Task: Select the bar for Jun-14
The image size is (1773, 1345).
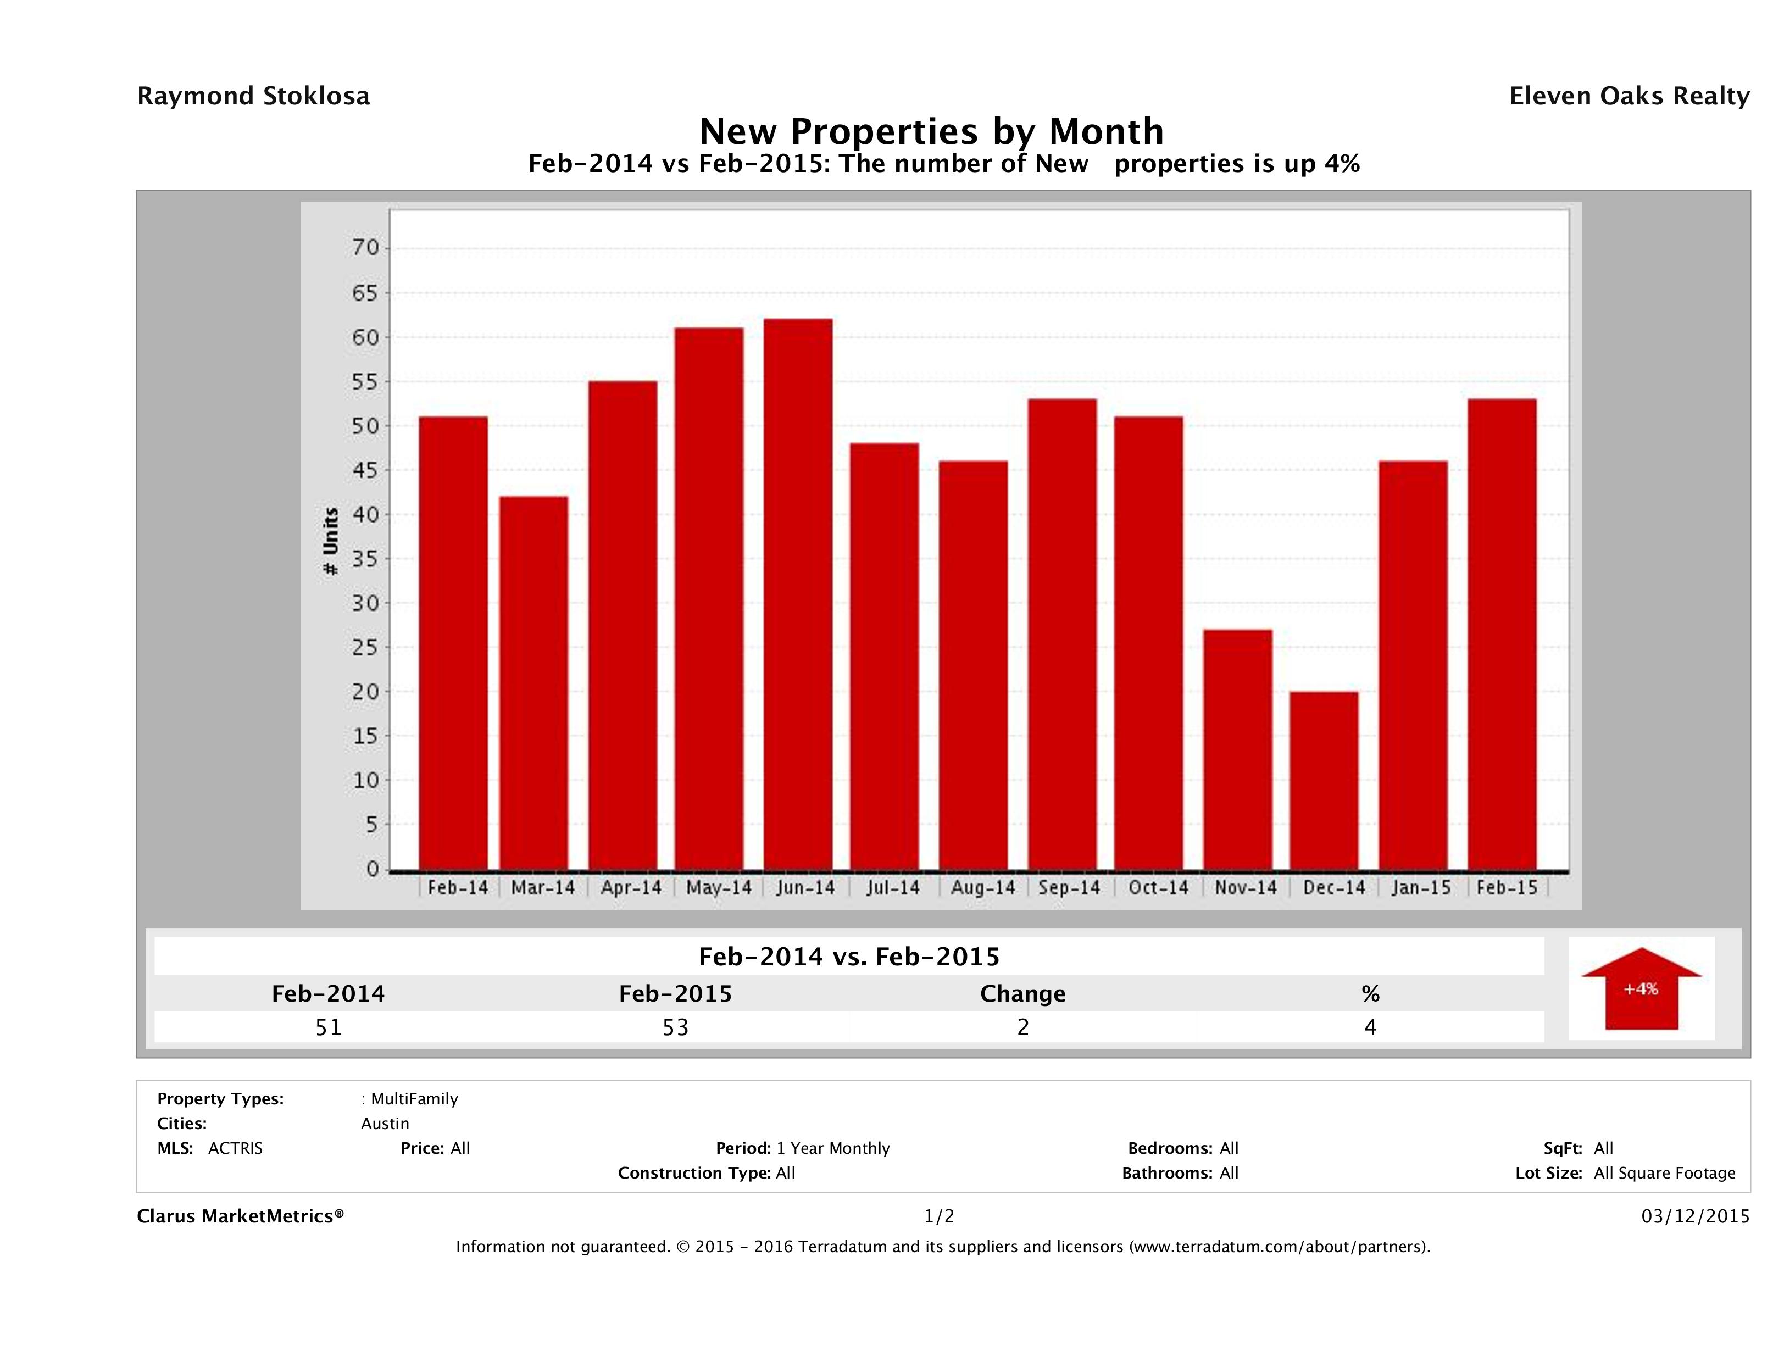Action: [798, 594]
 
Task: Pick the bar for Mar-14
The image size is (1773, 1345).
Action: [534, 683]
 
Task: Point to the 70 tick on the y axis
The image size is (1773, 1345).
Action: [365, 248]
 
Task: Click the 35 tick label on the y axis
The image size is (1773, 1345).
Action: [365, 559]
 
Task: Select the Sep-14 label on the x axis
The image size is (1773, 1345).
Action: [1069, 887]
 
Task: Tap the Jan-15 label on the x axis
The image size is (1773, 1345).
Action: [1421, 887]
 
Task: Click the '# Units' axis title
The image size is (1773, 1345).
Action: [330, 542]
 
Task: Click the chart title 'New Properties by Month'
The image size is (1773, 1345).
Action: [931, 131]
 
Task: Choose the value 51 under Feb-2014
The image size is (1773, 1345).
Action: [329, 1027]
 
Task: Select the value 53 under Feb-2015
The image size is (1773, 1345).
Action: [676, 1027]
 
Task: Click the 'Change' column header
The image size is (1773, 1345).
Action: [1023, 994]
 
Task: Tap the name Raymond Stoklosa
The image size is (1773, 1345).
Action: [253, 96]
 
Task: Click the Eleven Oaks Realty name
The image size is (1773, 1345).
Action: [1629, 96]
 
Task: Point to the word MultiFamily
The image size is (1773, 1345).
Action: [414, 1099]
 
